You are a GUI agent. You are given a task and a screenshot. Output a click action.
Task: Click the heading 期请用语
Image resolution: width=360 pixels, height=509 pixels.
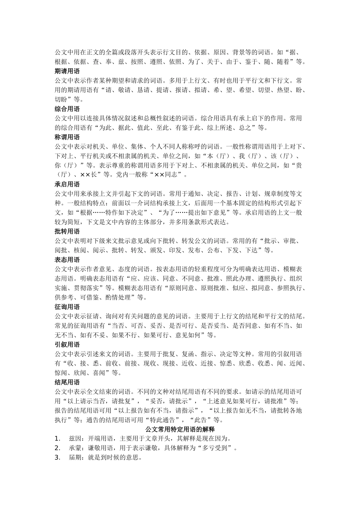pyautogui.click(x=67, y=71)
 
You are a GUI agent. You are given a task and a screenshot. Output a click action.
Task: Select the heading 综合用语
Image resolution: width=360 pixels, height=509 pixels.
pyautogui.click(x=67, y=109)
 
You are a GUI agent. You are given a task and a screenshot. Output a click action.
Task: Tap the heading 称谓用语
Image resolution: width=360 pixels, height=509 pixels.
pyautogui.click(x=67, y=137)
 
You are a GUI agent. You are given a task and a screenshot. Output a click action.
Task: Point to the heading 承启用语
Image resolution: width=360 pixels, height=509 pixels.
pyautogui.click(x=67, y=184)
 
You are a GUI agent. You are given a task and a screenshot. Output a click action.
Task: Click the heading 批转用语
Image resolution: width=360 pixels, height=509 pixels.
pyautogui.click(x=67, y=231)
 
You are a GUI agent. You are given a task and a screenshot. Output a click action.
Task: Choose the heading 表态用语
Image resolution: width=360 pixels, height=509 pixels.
pyautogui.click(x=67, y=260)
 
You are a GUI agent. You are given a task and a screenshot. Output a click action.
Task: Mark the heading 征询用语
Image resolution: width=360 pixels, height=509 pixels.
pyautogui.click(x=67, y=307)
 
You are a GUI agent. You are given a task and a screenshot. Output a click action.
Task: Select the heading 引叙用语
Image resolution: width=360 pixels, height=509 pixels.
pyautogui.click(x=67, y=345)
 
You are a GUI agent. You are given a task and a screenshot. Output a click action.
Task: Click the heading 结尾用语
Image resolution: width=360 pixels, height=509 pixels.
pyautogui.click(x=67, y=382)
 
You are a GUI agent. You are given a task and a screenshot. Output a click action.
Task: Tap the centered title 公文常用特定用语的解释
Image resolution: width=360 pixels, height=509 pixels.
pyautogui.click(x=180, y=429)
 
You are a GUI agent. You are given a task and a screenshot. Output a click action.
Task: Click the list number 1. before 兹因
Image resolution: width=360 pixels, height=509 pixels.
pyautogui.click(x=58, y=439)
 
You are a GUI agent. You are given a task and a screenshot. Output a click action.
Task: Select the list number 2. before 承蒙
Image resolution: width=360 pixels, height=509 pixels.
pyautogui.click(x=58, y=448)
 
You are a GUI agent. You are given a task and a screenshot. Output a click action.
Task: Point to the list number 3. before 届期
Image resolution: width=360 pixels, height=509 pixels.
pyautogui.click(x=58, y=457)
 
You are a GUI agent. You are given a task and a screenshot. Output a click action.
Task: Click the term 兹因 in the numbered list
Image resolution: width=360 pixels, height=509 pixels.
pyautogui.click(x=75, y=439)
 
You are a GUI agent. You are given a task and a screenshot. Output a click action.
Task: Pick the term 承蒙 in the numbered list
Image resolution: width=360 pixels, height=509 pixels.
pyautogui.click(x=75, y=448)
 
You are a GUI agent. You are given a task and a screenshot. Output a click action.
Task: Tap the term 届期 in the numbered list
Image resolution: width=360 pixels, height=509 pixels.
pyautogui.click(x=75, y=457)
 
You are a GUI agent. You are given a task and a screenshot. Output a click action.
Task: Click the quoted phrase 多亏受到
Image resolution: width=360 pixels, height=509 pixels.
pyautogui.click(x=215, y=448)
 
